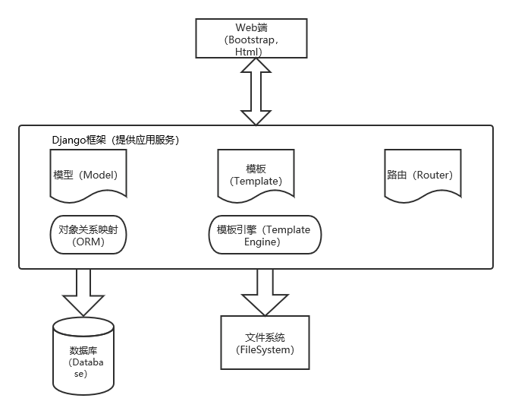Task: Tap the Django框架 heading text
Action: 79,140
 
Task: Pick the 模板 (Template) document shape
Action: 255,174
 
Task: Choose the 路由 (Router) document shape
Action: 419,174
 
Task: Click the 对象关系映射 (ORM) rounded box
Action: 88,235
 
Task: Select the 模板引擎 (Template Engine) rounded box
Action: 264,235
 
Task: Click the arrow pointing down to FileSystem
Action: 263,291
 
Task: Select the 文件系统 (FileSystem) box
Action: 265,343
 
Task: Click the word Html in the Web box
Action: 248,51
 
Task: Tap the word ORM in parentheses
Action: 88,242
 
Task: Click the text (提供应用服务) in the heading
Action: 146,140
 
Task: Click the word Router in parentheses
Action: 432,174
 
